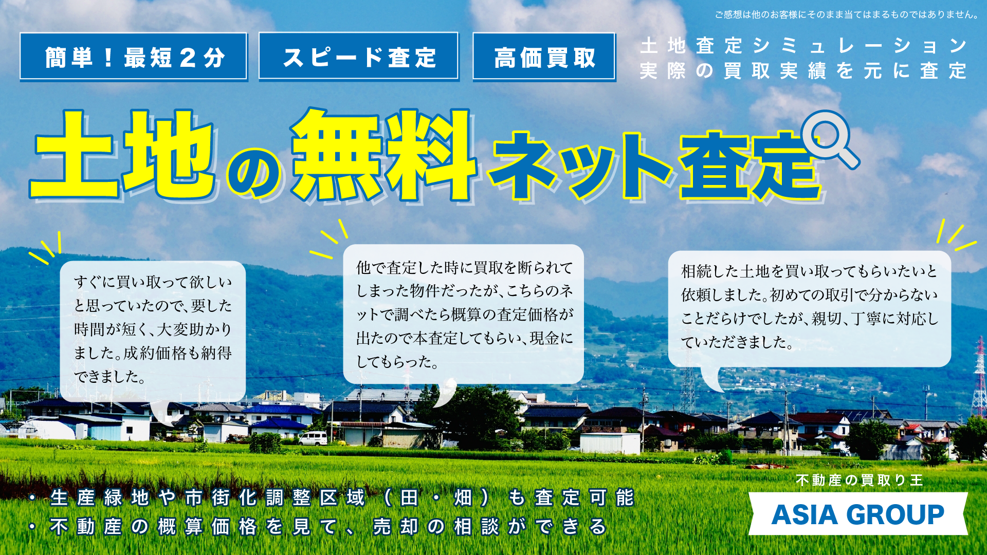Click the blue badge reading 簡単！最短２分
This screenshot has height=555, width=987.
pos(134,57)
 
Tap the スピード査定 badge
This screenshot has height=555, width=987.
pos(359,57)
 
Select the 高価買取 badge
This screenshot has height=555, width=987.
pos(544,57)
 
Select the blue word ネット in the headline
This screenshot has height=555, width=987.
pos(580,165)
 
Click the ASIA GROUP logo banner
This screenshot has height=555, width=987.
pos(858,514)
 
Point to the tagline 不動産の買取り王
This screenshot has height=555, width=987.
pos(859,480)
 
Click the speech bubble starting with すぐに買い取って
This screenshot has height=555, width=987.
pos(153,331)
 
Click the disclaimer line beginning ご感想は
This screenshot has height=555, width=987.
pos(847,14)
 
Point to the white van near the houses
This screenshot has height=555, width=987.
pos(313,438)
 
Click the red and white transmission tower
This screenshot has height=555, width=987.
pos(979,378)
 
